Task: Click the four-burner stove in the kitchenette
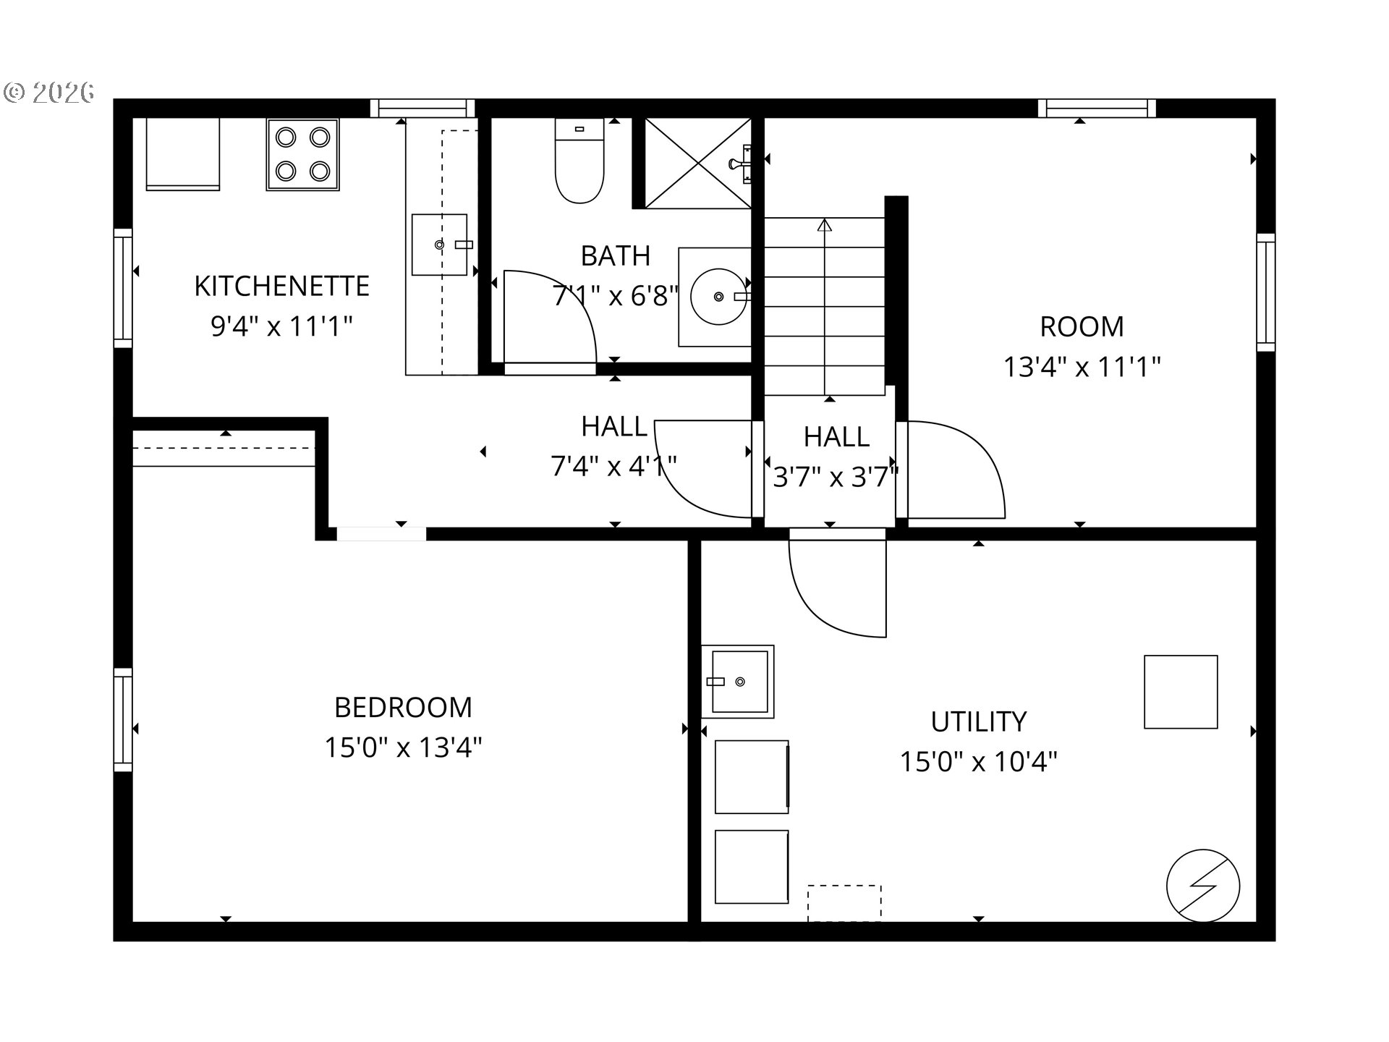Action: [x=302, y=155]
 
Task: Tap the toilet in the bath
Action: [x=579, y=161]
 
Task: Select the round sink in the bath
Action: [x=718, y=297]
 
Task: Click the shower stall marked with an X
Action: [x=697, y=164]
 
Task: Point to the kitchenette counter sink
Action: [x=439, y=245]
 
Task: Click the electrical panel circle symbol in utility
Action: [x=1202, y=886]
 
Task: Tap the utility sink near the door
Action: [x=738, y=682]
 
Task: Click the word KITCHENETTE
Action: [x=281, y=286]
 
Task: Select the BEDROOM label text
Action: [x=403, y=707]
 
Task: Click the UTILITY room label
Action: [x=978, y=721]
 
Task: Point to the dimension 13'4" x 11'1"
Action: [x=1082, y=367]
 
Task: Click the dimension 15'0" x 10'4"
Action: [x=978, y=762]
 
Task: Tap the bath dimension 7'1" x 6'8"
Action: [x=616, y=296]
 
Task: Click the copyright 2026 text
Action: [x=49, y=92]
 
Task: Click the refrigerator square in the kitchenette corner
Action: [x=183, y=154]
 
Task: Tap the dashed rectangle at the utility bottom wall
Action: [x=844, y=903]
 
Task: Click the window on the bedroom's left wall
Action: [x=123, y=719]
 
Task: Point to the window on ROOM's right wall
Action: [x=1265, y=292]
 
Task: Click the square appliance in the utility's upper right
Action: [x=1181, y=692]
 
